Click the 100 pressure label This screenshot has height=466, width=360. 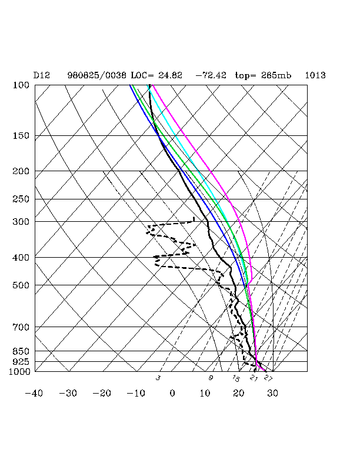(21, 85)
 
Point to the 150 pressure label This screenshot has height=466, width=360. (21, 136)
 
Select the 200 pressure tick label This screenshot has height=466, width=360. (21, 171)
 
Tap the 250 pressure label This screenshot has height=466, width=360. (21, 199)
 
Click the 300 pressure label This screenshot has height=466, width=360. (21, 222)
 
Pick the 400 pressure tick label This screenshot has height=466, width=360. (21, 258)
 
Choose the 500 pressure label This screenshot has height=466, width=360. (21, 285)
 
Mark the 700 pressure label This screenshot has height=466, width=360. (21, 327)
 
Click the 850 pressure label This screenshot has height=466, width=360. (21, 351)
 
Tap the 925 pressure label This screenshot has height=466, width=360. (21, 361)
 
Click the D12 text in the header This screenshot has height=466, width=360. (41, 75)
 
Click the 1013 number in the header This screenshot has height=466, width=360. (315, 75)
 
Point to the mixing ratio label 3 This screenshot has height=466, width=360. (158, 378)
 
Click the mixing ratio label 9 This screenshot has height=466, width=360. (211, 378)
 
